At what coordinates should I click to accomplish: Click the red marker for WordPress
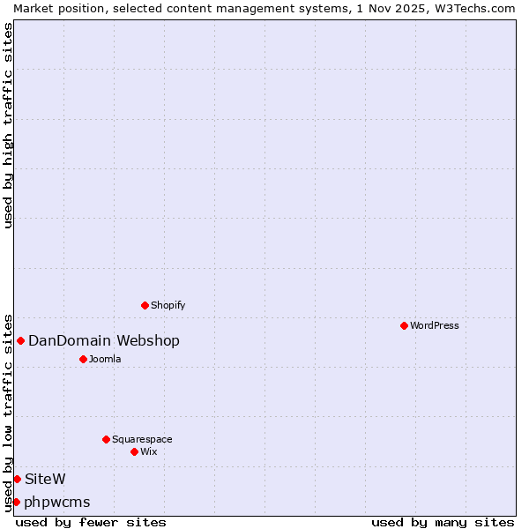click(x=404, y=325)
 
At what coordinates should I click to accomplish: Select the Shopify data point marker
click(x=145, y=305)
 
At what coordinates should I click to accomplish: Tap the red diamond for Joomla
click(x=83, y=359)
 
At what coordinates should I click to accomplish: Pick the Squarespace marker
click(x=106, y=439)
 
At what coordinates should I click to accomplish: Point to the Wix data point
click(x=134, y=451)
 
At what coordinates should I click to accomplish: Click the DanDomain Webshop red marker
click(x=20, y=340)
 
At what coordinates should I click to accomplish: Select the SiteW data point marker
click(x=17, y=479)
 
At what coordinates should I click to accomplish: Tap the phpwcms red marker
click(x=16, y=502)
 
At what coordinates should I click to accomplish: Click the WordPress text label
click(x=435, y=325)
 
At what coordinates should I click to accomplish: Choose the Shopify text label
click(x=168, y=305)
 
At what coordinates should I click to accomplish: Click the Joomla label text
click(x=105, y=359)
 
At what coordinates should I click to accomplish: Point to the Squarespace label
click(x=142, y=439)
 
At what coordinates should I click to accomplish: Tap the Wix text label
click(x=148, y=451)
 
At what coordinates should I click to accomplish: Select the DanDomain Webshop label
click(x=104, y=341)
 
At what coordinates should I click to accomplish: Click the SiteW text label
click(x=45, y=479)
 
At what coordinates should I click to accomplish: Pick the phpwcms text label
click(x=57, y=503)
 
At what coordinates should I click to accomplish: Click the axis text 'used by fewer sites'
click(x=91, y=522)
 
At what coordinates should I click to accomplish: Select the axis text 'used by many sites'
click(x=443, y=522)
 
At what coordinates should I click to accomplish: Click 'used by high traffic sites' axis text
click(x=8, y=125)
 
